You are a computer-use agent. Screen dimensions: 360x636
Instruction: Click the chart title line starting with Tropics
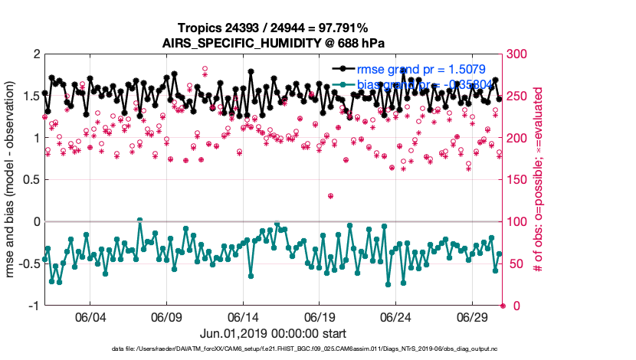pos(274,28)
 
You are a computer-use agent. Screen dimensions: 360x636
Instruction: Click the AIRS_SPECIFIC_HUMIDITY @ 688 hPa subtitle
pos(274,43)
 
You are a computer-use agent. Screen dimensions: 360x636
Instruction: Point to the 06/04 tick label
pos(90,318)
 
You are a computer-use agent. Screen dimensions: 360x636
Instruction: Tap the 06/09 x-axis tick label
pos(166,318)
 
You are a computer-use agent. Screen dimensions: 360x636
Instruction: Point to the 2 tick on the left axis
pos(34,55)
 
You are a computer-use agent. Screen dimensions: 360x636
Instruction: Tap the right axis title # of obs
pos(539,180)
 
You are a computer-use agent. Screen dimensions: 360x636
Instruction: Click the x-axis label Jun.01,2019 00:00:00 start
pos(274,334)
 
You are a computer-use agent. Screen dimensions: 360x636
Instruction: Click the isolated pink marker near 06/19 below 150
pos(330,196)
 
